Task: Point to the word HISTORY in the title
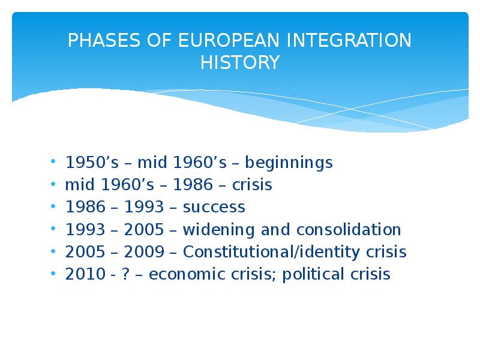(240, 62)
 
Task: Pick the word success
(214, 208)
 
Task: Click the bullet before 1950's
(54, 163)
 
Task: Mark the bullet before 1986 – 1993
(54, 208)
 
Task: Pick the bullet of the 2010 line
(54, 274)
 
